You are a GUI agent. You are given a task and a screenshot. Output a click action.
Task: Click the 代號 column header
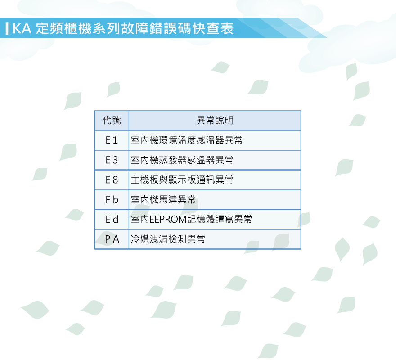(x=112, y=120)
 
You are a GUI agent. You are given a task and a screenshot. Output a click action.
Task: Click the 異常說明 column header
(x=215, y=120)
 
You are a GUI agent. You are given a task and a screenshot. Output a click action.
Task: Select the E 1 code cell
(x=112, y=140)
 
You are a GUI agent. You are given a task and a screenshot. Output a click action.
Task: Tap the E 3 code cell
(x=112, y=160)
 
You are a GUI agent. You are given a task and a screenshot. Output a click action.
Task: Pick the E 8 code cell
(x=112, y=180)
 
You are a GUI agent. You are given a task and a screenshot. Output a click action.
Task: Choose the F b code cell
(x=112, y=200)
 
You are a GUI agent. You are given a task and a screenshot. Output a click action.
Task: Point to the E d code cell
(x=112, y=219)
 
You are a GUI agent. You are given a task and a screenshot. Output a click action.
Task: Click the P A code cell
(x=112, y=239)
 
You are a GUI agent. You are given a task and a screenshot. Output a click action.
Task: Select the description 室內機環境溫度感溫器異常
(x=187, y=140)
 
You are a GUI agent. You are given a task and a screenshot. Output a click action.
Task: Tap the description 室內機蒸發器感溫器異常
(x=182, y=160)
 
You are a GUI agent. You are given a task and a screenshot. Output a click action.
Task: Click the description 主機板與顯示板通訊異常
(x=182, y=180)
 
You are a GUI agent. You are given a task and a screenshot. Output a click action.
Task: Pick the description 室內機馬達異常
(x=163, y=200)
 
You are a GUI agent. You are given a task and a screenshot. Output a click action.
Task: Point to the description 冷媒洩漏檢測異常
(x=168, y=239)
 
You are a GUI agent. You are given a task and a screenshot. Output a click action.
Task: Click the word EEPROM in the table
(x=168, y=219)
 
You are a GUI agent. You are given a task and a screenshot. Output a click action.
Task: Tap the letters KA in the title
(x=22, y=28)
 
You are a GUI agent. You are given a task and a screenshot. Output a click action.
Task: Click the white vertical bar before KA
(x=8, y=28)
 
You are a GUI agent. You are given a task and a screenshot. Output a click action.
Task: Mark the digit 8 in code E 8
(x=115, y=180)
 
